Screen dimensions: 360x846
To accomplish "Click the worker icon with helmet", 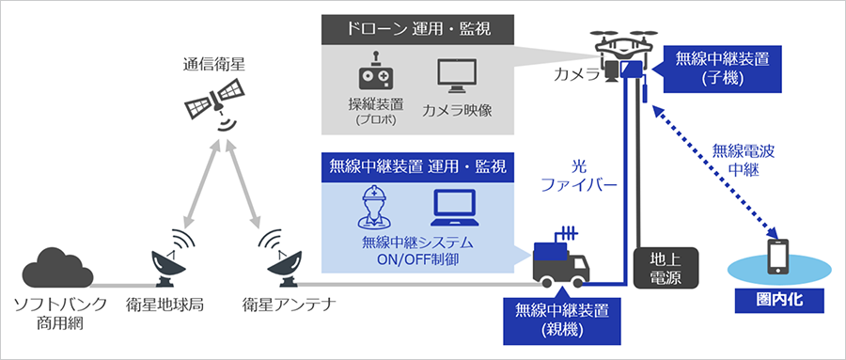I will tap(373, 207).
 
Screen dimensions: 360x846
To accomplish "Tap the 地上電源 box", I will tap(664, 269).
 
